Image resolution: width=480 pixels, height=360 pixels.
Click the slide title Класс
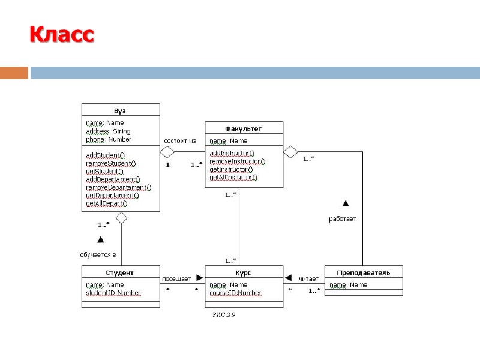62,35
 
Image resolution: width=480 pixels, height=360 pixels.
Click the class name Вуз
120,110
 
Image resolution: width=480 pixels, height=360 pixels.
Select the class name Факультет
243,128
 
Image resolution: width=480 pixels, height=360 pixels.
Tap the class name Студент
120,272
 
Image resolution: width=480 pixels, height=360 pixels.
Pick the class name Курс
244,272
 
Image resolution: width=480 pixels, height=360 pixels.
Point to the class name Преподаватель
363,272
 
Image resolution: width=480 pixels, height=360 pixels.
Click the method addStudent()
105,155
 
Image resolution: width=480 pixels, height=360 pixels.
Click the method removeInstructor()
237,161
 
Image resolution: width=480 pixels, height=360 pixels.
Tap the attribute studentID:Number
113,293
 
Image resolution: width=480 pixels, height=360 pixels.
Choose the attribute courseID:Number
235,293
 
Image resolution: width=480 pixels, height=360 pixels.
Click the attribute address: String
108,131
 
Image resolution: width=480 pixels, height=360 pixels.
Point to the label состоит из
180,141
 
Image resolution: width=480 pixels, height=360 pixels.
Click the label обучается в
98,254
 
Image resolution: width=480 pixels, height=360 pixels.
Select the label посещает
176,278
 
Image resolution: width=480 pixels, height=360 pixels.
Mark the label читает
308,278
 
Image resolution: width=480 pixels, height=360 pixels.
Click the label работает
342,219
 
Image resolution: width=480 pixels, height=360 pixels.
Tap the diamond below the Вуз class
122,218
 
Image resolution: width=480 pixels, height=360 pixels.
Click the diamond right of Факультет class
291,151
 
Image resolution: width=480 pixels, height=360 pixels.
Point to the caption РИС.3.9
224,315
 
